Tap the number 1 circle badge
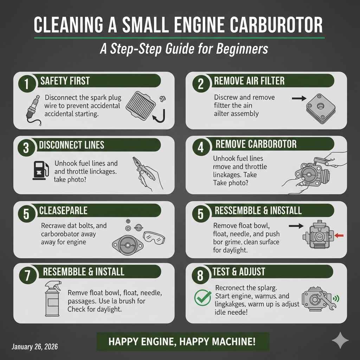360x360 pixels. point(26,84)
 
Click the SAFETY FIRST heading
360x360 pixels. point(65,81)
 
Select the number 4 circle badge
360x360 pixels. point(200,147)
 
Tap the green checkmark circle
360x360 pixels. point(202,298)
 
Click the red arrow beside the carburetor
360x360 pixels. point(340,235)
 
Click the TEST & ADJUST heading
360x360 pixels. point(240,271)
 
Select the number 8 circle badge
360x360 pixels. point(200,275)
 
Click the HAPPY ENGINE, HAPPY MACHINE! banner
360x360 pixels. point(182,341)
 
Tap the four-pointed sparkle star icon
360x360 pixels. point(340,340)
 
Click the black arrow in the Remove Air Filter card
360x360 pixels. point(299,99)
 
